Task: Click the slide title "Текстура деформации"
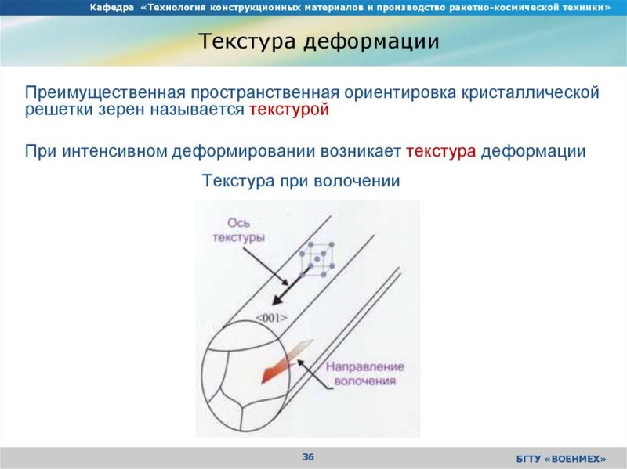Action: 317,41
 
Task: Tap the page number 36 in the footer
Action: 308,456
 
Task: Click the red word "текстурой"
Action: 288,110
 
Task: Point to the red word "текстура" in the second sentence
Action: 441,151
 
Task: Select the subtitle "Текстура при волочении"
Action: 302,181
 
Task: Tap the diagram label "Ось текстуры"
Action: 238,230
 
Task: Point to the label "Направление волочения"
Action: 364,373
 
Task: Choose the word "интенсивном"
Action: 122,151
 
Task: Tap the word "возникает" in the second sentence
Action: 361,151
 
